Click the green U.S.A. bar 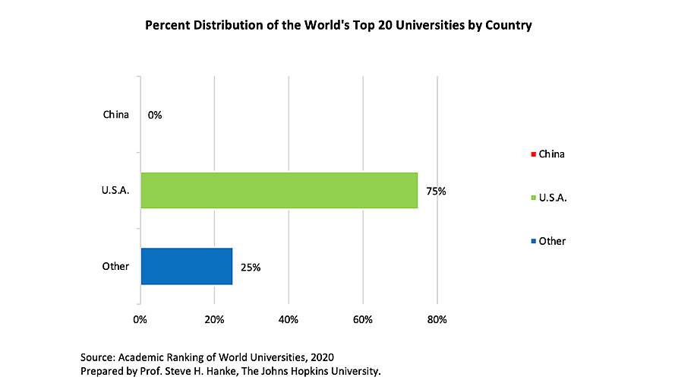point(279,190)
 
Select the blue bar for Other point(186,266)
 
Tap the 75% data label point(436,192)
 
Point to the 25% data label point(251,267)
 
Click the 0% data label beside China point(156,116)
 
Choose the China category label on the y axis point(116,116)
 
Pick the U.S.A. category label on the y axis point(116,191)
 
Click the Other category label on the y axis point(116,266)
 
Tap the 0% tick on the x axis point(140,319)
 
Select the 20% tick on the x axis point(214,319)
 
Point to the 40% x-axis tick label point(289,319)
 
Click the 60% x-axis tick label point(363,319)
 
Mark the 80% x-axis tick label point(437,319)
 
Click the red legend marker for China point(534,154)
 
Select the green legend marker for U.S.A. point(534,198)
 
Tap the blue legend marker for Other point(534,241)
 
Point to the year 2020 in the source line point(321,357)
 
